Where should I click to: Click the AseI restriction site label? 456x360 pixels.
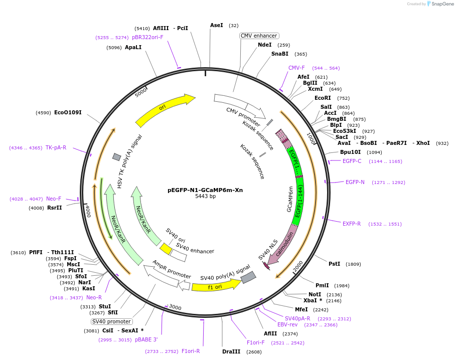217,25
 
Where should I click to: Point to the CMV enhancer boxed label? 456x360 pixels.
259,36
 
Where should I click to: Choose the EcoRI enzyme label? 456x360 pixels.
323,98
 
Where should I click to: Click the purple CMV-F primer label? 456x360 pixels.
296,68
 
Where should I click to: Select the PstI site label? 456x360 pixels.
334,264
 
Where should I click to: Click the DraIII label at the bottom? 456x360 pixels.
231,351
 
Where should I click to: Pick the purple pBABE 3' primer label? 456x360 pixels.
146,339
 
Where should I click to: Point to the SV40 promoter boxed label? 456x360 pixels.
111,321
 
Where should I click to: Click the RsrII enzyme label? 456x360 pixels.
55,208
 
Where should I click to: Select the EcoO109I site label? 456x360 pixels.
68,112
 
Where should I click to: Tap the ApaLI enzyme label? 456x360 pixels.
133,47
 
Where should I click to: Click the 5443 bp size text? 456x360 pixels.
205,197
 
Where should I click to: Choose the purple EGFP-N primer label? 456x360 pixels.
355,182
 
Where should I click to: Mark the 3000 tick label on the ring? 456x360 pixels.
175,306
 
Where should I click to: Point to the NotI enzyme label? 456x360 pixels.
315,294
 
